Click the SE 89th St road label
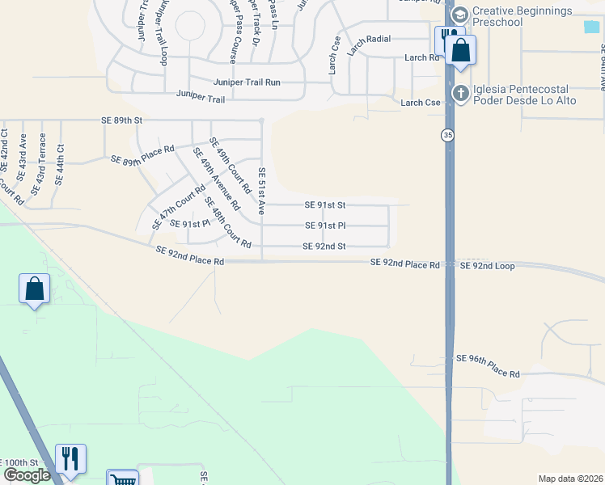click(x=121, y=120)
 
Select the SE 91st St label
click(x=324, y=205)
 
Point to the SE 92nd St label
click(x=324, y=247)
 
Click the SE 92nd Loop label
click(x=487, y=265)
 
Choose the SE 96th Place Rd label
click(x=488, y=365)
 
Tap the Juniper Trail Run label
click(x=247, y=82)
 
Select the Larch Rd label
click(x=421, y=57)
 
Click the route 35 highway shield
click(x=448, y=136)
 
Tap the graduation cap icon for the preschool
click(x=460, y=15)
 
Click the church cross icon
click(x=460, y=93)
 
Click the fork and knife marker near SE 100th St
click(x=70, y=458)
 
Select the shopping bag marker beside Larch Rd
click(x=461, y=50)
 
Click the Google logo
click(x=27, y=475)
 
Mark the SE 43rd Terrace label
click(x=38, y=165)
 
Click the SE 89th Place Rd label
click(x=142, y=155)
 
